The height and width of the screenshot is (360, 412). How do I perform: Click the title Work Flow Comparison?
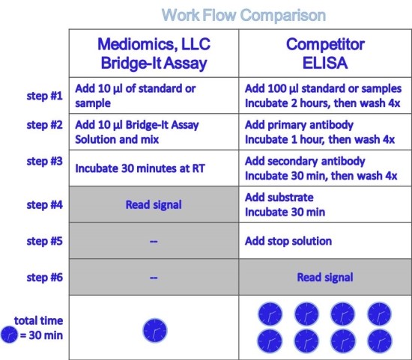243,15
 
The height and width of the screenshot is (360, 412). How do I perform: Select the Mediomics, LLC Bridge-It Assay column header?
154,54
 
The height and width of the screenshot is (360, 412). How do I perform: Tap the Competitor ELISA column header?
325,54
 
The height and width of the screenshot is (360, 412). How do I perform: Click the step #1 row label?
45,96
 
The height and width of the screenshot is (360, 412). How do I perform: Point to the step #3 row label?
45,161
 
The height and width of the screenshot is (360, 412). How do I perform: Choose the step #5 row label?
45,241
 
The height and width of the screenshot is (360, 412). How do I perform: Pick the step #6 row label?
45,277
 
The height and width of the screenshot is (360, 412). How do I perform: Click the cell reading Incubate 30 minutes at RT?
140,168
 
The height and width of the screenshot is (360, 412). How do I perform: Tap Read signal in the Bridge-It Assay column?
154,205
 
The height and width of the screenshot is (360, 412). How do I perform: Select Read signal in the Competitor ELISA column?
325,277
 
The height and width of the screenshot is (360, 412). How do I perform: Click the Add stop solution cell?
288,241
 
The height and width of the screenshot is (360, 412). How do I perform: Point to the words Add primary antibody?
299,125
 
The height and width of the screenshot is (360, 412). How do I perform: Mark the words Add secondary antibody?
305,161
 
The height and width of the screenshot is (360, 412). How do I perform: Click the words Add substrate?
279,198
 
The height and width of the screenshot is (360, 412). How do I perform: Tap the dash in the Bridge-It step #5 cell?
154,241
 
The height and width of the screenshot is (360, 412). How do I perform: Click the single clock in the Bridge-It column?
155,331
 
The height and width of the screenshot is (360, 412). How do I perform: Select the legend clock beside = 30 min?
9,335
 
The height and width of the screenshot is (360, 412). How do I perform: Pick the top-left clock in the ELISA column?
270,314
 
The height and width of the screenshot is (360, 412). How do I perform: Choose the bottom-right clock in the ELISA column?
380,341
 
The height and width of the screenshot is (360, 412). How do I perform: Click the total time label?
39,320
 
